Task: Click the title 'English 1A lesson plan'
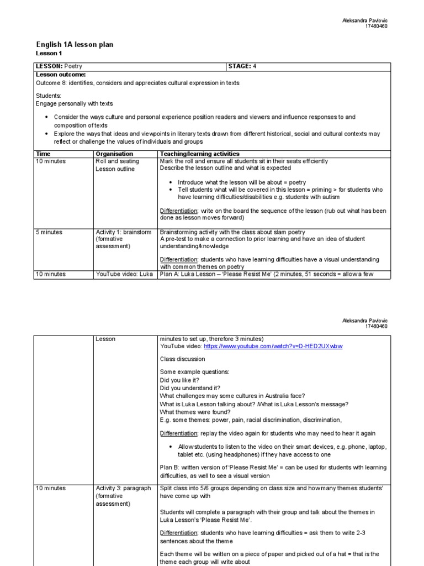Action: click(x=75, y=45)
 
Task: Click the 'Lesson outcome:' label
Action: click(x=61, y=74)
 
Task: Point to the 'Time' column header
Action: click(x=43, y=154)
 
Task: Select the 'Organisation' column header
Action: click(x=114, y=154)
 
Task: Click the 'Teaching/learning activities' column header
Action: click(x=199, y=154)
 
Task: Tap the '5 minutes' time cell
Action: click(x=49, y=232)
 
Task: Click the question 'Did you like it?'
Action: click(x=179, y=380)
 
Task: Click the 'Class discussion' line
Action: click(x=182, y=359)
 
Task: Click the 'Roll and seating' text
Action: click(x=118, y=161)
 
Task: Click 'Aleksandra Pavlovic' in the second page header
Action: click(x=365, y=321)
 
